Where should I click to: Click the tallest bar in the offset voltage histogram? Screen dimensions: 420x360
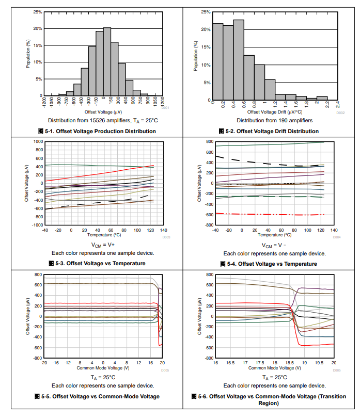[x=107, y=62]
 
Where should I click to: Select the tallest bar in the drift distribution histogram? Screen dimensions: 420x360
[x=238, y=60]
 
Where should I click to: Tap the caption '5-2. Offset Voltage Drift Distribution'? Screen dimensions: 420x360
[x=272, y=131]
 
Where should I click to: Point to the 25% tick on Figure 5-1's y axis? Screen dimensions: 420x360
[x=38, y=12]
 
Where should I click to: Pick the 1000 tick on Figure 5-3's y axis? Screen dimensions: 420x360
[x=38, y=141]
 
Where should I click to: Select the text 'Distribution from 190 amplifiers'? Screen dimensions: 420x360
[x=274, y=120]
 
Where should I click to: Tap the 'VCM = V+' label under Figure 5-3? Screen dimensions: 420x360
[x=101, y=245]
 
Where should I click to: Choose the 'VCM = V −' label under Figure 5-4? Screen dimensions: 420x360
[x=274, y=245]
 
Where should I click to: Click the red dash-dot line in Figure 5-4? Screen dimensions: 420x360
[x=269, y=214]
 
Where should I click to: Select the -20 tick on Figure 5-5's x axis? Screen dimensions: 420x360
[x=44, y=363]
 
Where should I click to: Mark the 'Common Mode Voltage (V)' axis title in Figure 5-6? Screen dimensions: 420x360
[x=274, y=368]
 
